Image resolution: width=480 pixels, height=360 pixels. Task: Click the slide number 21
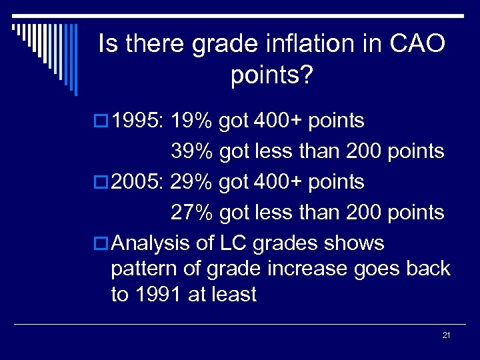click(x=446, y=335)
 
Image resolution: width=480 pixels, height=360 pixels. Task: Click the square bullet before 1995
click(x=102, y=122)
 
